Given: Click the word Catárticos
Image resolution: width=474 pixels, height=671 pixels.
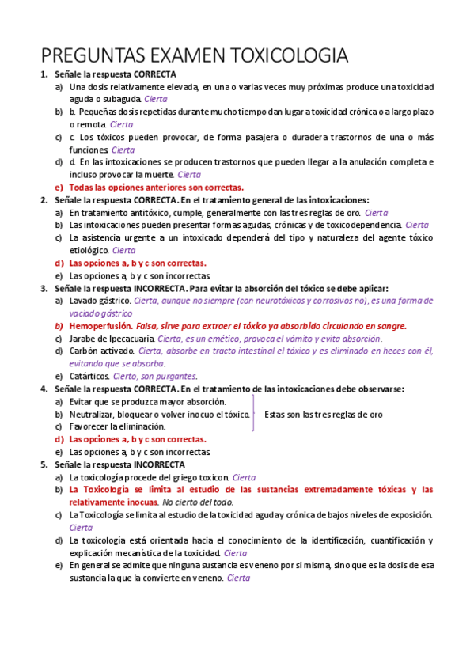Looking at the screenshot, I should pos(89,376).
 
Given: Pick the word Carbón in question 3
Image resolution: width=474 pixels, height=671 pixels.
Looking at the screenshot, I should pos(83,351).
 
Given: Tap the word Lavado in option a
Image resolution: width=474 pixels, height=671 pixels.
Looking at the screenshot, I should pos(83,301).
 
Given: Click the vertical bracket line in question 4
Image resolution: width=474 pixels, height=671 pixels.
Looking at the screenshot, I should pos(252,414).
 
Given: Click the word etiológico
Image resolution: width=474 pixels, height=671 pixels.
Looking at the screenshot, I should pos(89,250).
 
